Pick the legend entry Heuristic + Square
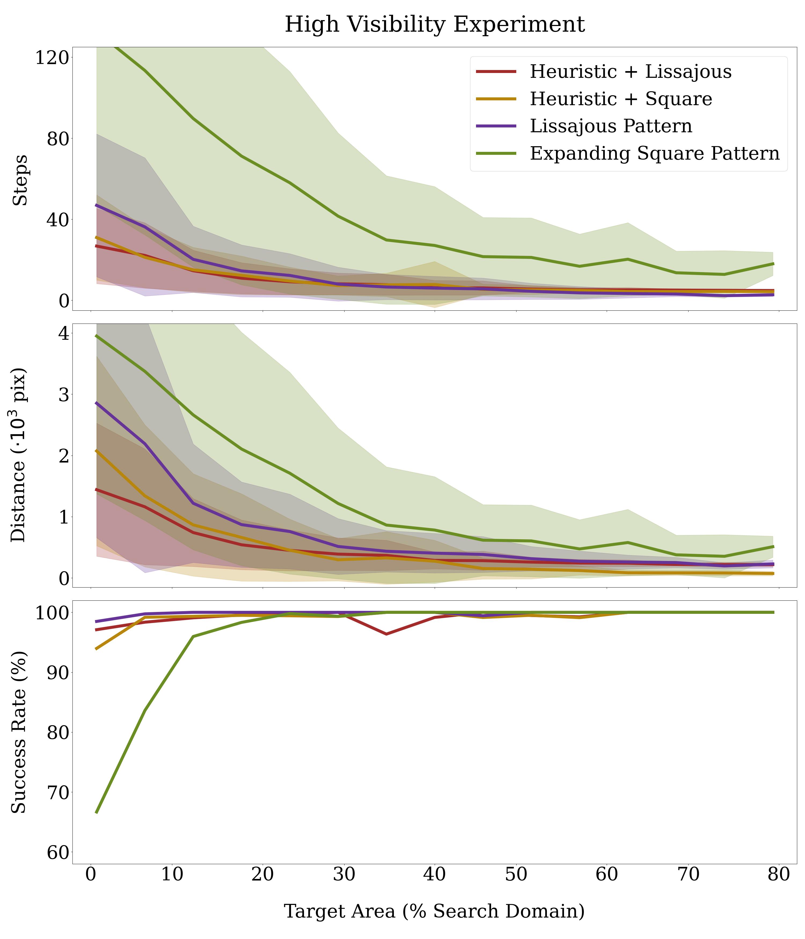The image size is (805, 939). (621, 99)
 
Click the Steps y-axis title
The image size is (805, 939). (20, 180)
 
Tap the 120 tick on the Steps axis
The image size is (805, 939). (52, 58)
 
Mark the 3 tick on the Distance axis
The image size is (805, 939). (63, 394)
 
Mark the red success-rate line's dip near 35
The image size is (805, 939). (386, 634)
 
